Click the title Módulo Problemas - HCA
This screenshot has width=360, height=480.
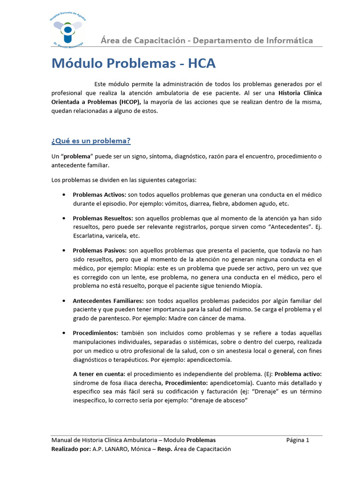point(134,63)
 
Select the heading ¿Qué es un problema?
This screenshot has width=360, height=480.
point(90,141)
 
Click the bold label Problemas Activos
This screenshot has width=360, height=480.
point(99,195)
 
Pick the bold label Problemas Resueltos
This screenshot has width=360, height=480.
point(103,218)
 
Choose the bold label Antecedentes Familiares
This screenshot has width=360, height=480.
point(108,300)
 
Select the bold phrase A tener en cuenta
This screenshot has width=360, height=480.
point(99,374)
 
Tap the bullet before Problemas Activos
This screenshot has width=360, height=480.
point(63,195)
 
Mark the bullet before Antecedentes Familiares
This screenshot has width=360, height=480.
point(63,300)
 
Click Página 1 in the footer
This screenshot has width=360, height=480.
point(298,440)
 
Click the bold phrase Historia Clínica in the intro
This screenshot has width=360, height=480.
point(299,93)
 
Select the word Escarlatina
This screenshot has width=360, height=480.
point(88,236)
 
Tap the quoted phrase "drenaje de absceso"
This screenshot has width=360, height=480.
point(217,401)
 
